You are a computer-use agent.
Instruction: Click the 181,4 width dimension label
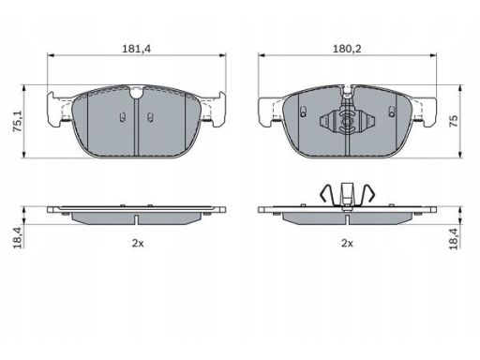(x=136, y=49)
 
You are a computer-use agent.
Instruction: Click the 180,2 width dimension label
(x=347, y=49)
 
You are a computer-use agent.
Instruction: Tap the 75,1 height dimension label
(x=18, y=121)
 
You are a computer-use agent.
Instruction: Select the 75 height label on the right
(x=454, y=121)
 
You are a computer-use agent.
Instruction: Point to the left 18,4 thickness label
(x=18, y=238)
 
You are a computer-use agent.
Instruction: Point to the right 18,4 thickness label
(x=454, y=239)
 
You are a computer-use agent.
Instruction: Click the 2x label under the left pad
(x=138, y=243)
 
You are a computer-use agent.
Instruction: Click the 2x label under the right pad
(x=347, y=243)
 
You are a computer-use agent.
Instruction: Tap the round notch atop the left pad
(x=136, y=93)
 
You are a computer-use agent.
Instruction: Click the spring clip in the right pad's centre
(x=347, y=121)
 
